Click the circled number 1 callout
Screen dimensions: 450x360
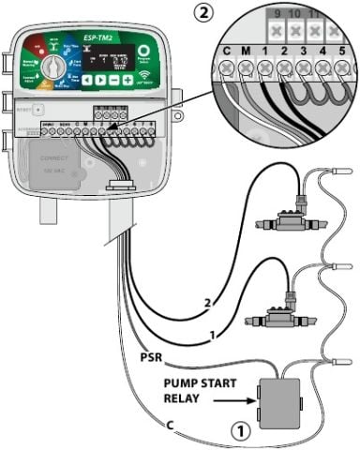click(x=240, y=433)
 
